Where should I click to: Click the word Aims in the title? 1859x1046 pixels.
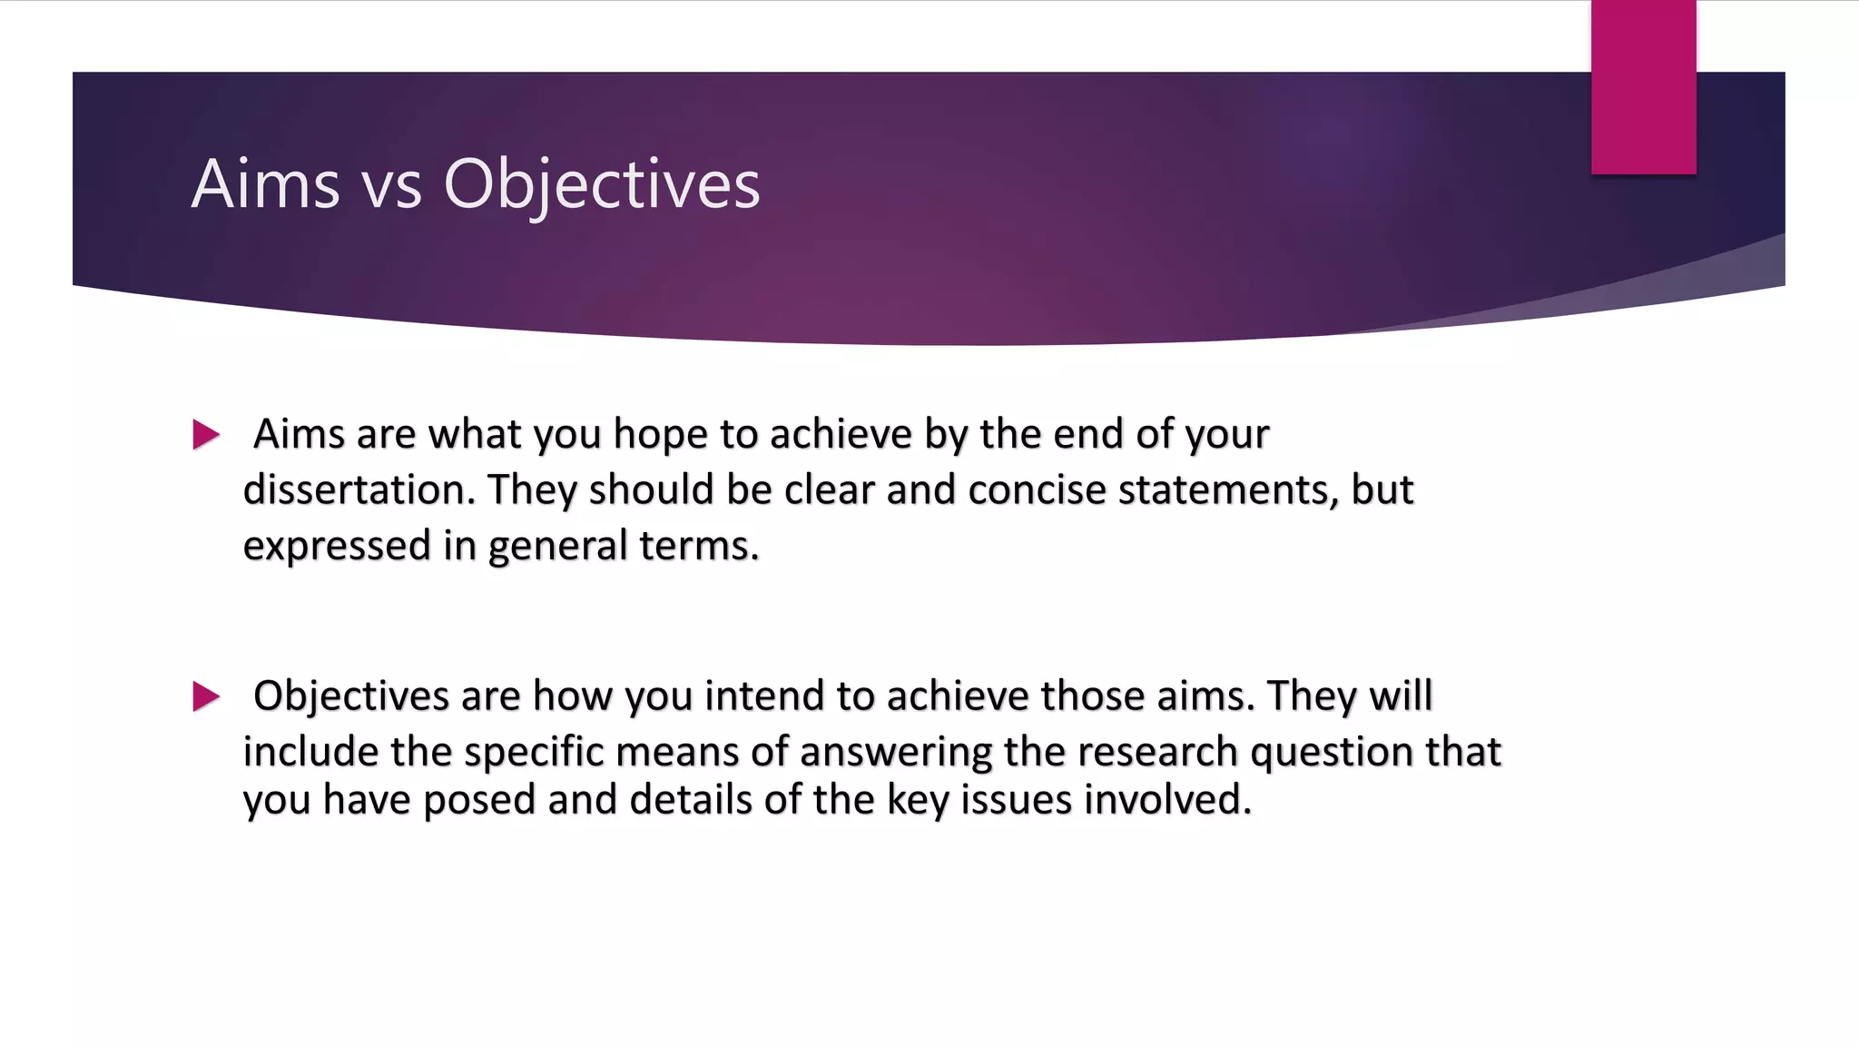pyautogui.click(x=265, y=184)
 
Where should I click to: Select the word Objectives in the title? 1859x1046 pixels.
pyautogui.click(x=601, y=186)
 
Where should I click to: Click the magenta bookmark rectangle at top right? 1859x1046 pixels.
pyautogui.click(x=1643, y=86)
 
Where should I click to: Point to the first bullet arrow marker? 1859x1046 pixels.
pyautogui.click(x=206, y=435)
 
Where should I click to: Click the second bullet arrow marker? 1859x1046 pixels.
pyautogui.click(x=206, y=696)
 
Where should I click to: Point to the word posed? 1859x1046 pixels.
pyautogui.click(x=479, y=801)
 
